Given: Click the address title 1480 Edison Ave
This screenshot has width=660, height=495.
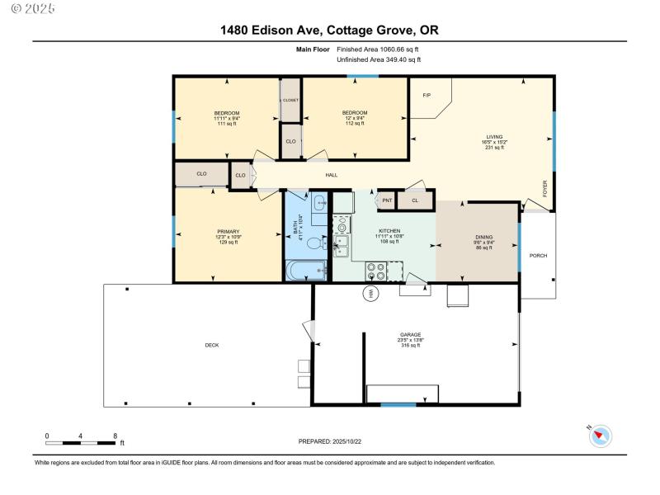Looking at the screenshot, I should [329, 31].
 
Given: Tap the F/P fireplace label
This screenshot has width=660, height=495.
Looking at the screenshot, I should [427, 96].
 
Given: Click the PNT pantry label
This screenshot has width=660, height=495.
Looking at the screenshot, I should [387, 200].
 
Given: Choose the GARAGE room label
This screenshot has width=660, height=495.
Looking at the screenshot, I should [411, 335].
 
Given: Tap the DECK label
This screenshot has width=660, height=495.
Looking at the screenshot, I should [212, 345].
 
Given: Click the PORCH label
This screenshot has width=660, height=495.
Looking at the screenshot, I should [538, 256].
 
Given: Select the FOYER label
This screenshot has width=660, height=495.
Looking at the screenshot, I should [544, 189].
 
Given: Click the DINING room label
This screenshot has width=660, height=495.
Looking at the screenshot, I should [483, 238].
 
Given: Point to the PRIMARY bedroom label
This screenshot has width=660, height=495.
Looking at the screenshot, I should [229, 231].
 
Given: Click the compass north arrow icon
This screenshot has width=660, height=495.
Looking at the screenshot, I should [600, 436].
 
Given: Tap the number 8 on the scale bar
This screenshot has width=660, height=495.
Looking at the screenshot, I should [114, 435].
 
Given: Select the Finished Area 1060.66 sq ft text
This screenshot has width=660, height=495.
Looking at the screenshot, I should [379, 49].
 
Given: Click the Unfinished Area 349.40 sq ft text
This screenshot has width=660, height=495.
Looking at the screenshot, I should [379, 60].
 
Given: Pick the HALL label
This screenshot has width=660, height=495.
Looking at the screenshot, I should [332, 175].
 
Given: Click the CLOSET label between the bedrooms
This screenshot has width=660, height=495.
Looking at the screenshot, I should [290, 100].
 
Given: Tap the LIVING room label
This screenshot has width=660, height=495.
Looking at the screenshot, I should [495, 137].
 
